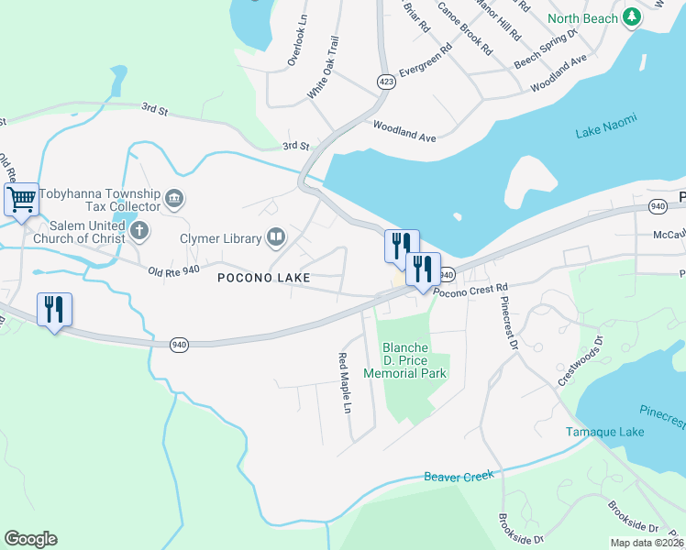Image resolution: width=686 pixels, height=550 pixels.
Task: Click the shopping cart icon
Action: point(21,199)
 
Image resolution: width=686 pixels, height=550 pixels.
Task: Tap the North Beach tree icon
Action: point(632,17)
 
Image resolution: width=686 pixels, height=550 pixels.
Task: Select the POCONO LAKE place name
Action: point(265,277)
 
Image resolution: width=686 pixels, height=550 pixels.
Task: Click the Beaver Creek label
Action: point(459,477)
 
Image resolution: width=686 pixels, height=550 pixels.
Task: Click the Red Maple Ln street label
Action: point(346,383)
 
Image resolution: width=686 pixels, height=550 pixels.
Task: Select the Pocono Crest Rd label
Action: point(470,291)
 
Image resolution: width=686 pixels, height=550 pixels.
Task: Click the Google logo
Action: point(30,539)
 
